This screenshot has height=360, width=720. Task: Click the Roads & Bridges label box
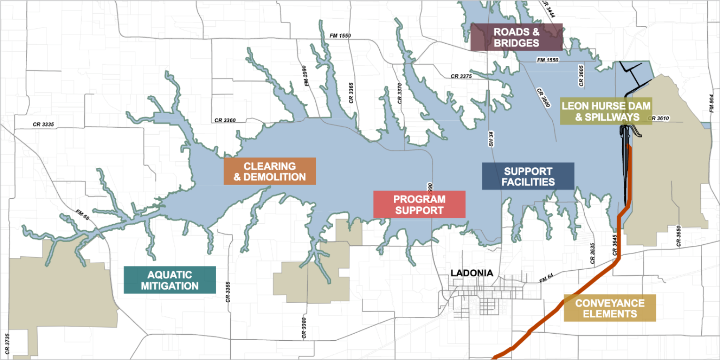pyautogui.click(x=516, y=37)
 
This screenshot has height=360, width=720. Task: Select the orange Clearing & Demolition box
pyautogui.click(x=269, y=172)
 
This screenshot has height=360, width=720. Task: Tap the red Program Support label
pyautogui.click(x=419, y=204)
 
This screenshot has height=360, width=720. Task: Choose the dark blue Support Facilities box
pyautogui.click(x=528, y=176)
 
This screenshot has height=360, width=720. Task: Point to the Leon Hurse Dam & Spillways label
pyautogui.click(x=606, y=111)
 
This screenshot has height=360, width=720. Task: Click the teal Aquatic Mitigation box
pyautogui.click(x=170, y=280)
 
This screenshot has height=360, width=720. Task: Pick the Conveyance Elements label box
pyautogui.click(x=610, y=308)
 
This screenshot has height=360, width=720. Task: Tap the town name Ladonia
pyautogui.click(x=472, y=273)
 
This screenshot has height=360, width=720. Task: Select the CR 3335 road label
pyautogui.click(x=43, y=125)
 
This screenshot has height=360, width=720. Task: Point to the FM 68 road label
pyautogui.click(x=82, y=215)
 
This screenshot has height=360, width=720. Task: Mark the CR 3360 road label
pyautogui.click(x=225, y=120)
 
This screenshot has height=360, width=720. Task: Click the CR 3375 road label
pyautogui.click(x=461, y=76)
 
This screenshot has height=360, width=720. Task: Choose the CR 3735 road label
pyautogui.click(x=7, y=344)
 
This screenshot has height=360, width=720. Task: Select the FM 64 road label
pyautogui.click(x=547, y=279)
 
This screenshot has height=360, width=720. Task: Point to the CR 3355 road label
pyautogui.click(x=228, y=291)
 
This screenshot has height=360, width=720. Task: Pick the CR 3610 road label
pyautogui.click(x=658, y=118)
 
